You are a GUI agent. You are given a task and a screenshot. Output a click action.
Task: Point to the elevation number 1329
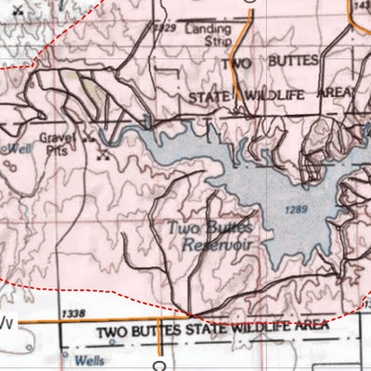coord(166,29)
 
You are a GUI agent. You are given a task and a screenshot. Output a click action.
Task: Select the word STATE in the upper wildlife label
coord(211,96)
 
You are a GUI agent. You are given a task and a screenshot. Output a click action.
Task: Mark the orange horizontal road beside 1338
coord(37,322)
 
